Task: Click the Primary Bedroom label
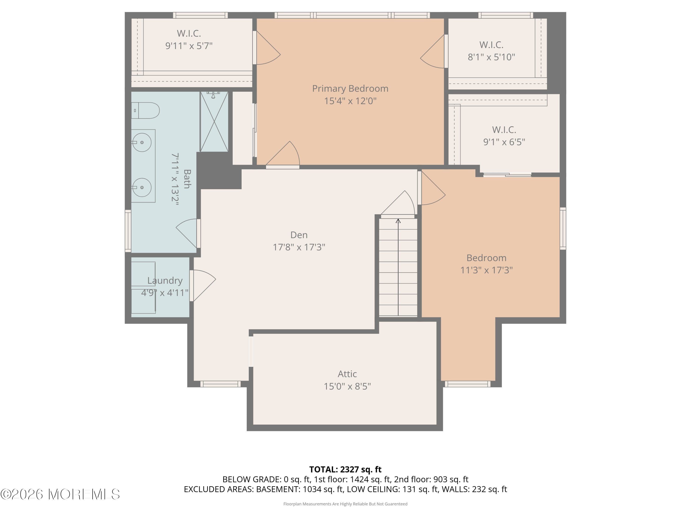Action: coord(350,89)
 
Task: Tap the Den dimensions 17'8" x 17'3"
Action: coord(299,247)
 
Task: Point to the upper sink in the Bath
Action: coord(142,142)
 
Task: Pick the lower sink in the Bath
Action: coord(142,187)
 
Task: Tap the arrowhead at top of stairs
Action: coord(398,221)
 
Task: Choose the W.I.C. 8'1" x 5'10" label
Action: coord(491,51)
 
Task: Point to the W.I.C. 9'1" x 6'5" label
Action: coord(504,136)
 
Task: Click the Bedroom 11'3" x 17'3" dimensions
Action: coord(486,270)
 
